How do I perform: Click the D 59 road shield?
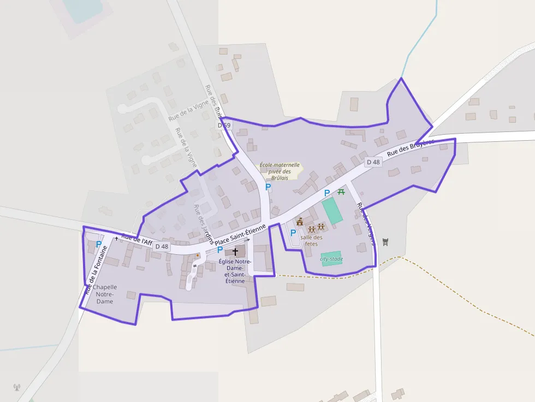[x=224, y=125]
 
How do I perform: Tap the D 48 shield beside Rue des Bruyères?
[x=373, y=162]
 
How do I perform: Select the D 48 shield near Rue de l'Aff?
[x=162, y=247]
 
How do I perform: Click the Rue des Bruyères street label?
[x=410, y=147]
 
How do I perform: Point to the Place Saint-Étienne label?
[x=240, y=235]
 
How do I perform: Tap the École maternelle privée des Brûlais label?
[x=280, y=171]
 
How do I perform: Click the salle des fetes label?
[x=311, y=241]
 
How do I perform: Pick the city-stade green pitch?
[x=331, y=259]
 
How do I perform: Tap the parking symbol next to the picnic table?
[x=327, y=193]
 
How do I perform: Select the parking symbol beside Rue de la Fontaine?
[x=99, y=245]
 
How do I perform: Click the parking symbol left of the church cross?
[x=220, y=250]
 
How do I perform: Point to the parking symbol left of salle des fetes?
[x=293, y=233]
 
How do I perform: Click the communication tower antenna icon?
[x=16, y=388]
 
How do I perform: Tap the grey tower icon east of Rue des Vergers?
[x=386, y=242]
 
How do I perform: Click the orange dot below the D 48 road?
[x=198, y=255]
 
